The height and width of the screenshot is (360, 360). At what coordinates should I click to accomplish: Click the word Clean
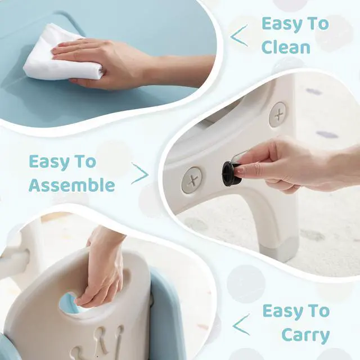pyautogui.click(x=286, y=47)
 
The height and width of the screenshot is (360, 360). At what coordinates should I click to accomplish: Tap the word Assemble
pyautogui.click(x=72, y=185)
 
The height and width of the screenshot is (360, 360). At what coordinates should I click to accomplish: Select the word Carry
pyautogui.click(x=305, y=335)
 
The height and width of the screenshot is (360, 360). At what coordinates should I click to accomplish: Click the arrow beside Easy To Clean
pyautogui.click(x=239, y=36)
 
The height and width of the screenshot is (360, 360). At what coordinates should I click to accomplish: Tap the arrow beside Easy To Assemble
pyautogui.click(x=140, y=174)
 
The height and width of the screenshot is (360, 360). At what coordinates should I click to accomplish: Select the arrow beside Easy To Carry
pyautogui.click(x=241, y=325)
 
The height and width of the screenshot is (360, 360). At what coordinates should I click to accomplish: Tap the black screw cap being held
pyautogui.click(x=231, y=174)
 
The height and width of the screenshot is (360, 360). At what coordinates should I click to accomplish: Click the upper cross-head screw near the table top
pyautogui.click(x=278, y=114)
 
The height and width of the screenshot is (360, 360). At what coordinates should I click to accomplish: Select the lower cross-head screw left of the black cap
pyautogui.click(x=192, y=180)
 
